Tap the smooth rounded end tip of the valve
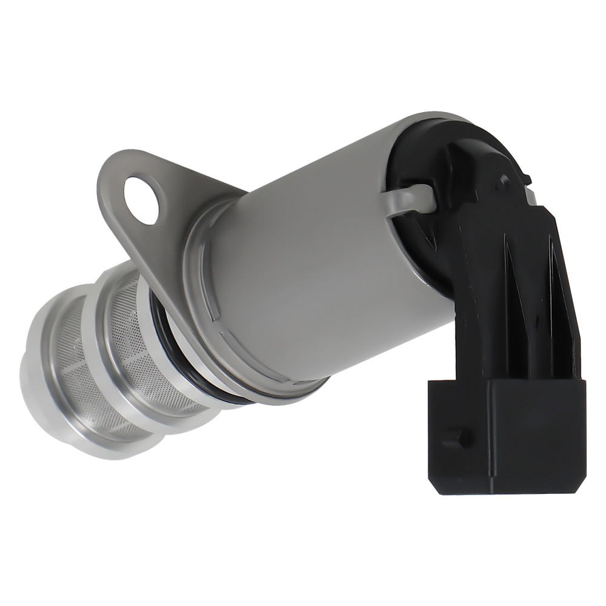click(x=30, y=388)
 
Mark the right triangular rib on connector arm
click(x=554, y=267)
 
